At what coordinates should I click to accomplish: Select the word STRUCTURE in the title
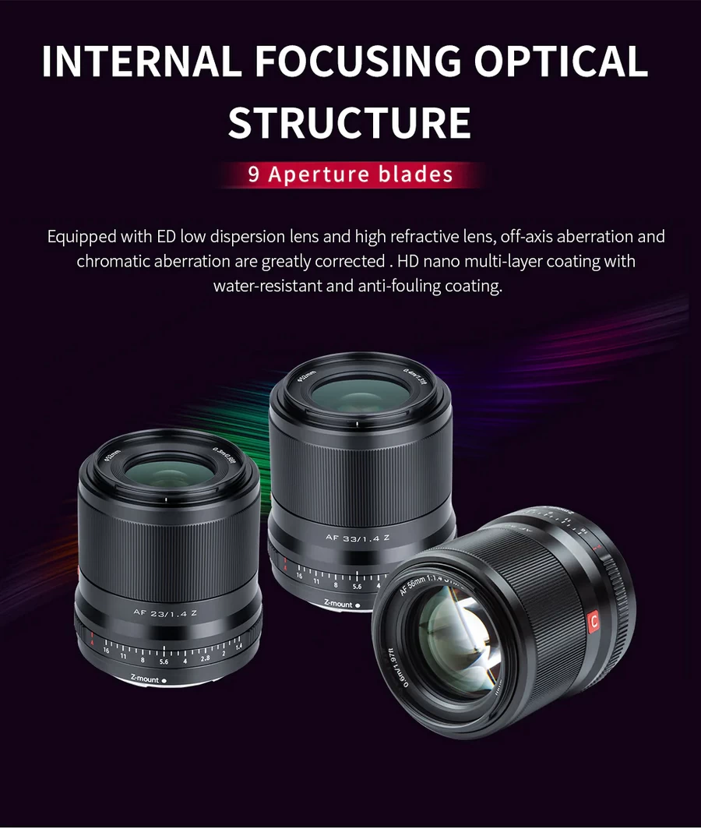click(350, 123)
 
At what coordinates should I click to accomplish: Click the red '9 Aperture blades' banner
click(350, 174)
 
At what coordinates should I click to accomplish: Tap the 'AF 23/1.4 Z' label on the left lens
click(165, 612)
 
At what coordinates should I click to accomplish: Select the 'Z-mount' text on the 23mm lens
click(146, 679)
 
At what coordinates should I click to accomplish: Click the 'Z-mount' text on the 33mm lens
click(339, 604)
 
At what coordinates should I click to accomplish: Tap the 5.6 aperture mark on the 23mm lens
click(164, 661)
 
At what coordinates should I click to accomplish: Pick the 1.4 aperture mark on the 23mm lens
click(238, 646)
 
